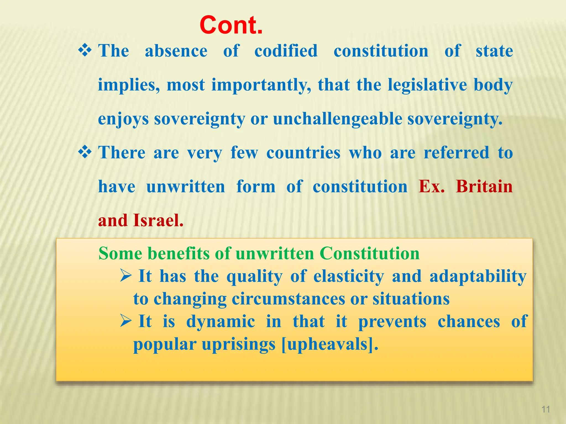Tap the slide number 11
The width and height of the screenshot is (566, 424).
point(546,409)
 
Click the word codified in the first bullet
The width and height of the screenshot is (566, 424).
point(286,51)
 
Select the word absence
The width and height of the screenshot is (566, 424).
point(176,51)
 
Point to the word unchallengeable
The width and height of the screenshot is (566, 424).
point(337,119)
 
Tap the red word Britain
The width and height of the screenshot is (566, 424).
point(484,187)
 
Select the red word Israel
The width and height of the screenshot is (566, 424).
point(158,221)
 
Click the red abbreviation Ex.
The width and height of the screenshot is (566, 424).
point(431,187)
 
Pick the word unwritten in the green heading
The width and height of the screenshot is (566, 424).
point(275,253)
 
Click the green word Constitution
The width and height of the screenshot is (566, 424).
point(370,253)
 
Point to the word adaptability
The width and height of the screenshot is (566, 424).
point(478,276)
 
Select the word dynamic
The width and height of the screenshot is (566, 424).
point(220,322)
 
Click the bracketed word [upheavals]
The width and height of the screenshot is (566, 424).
point(330,344)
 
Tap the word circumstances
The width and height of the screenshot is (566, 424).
point(289,299)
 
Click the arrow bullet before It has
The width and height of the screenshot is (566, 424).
point(126,276)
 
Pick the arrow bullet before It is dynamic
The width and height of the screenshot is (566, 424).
point(126,321)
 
